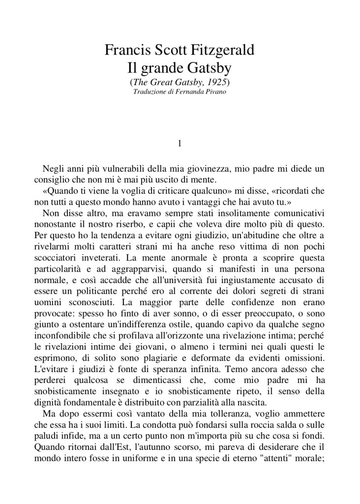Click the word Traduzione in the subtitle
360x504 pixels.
(x=150, y=92)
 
